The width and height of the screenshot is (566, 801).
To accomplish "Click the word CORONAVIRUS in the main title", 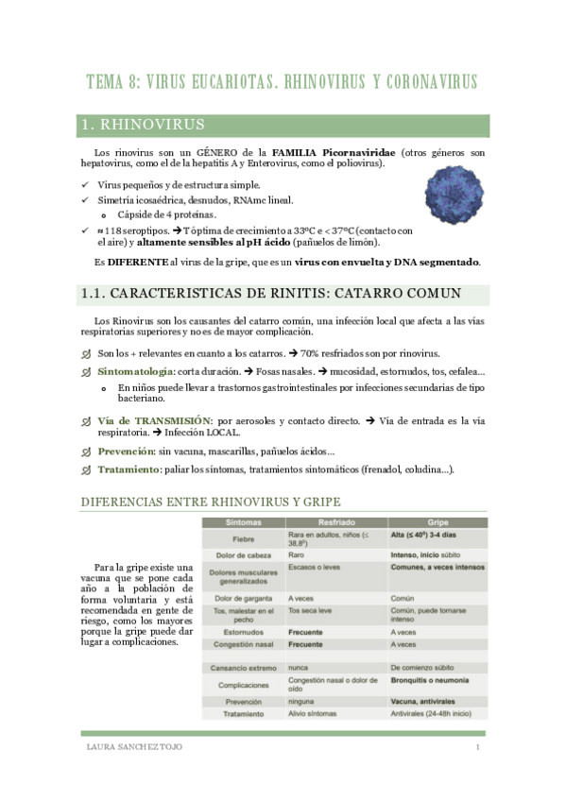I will coord(414,81).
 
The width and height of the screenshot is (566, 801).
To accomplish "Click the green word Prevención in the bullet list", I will coord(126,452).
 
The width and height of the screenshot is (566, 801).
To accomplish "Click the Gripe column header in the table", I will coord(437,521).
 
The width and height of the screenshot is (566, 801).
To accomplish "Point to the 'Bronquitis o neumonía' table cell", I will coord(435,679).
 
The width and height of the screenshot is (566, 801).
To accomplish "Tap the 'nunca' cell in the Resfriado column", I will coord(300,667).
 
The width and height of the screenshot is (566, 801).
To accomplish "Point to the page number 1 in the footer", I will coord(478,748).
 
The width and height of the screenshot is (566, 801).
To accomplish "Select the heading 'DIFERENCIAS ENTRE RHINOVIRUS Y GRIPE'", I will coord(211,502).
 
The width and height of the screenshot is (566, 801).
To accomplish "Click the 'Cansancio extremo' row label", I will coord(244,667).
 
